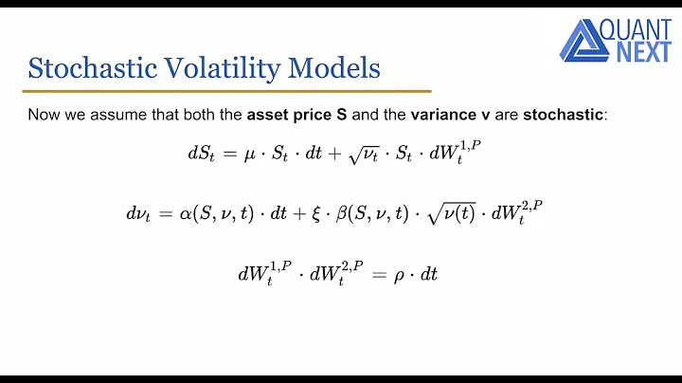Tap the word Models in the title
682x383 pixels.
point(333,68)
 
